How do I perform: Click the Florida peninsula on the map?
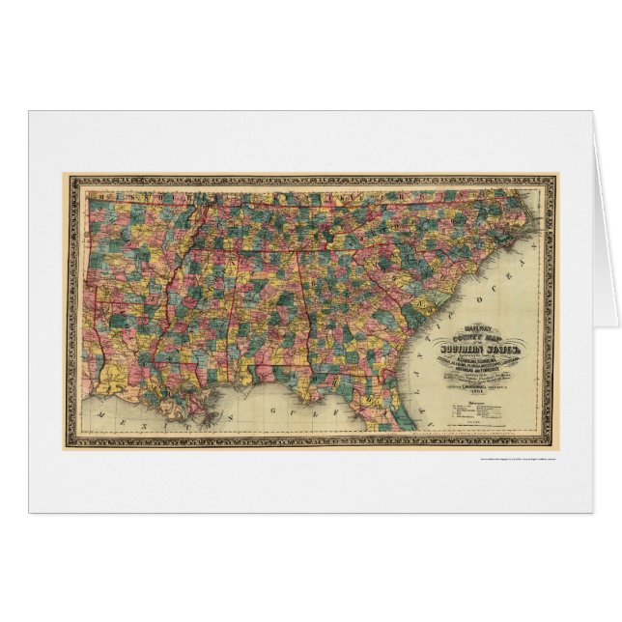click(386, 410)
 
